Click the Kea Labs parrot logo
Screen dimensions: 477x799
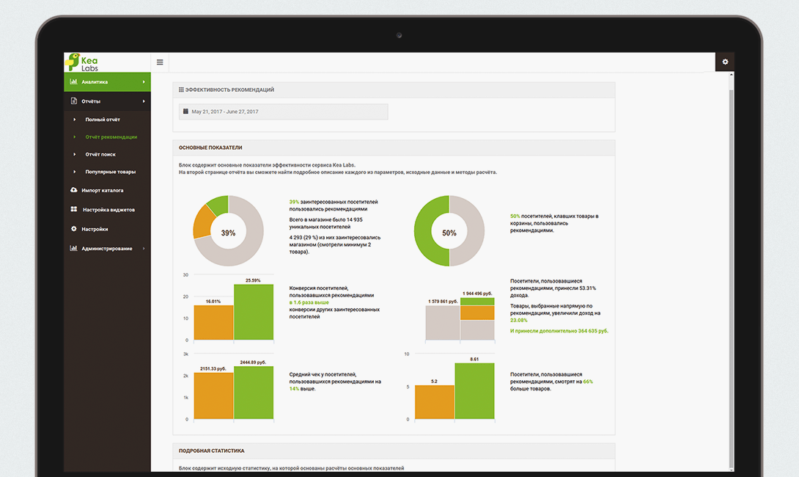[73, 62]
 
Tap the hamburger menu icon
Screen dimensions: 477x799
[160, 62]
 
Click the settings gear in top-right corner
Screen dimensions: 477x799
[725, 62]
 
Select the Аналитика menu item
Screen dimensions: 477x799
[106, 82]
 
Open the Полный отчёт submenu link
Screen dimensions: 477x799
[103, 120]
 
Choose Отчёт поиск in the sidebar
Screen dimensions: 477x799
[100, 155]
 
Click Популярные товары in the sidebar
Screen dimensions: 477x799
[110, 172]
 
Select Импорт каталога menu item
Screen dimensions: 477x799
[102, 191]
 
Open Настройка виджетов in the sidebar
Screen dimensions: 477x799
[108, 210]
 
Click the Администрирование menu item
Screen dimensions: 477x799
[106, 249]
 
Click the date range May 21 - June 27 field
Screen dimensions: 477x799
[284, 112]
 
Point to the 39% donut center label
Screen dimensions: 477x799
[228, 233]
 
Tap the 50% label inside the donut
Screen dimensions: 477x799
[449, 233]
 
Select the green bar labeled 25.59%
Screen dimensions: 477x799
[254, 312]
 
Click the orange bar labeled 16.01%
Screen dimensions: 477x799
[213, 322]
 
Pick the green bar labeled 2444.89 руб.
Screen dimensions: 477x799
[254, 393]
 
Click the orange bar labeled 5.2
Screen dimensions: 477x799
[435, 402]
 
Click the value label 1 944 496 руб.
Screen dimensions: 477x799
[478, 294]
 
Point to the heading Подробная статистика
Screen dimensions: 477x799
[212, 451]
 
